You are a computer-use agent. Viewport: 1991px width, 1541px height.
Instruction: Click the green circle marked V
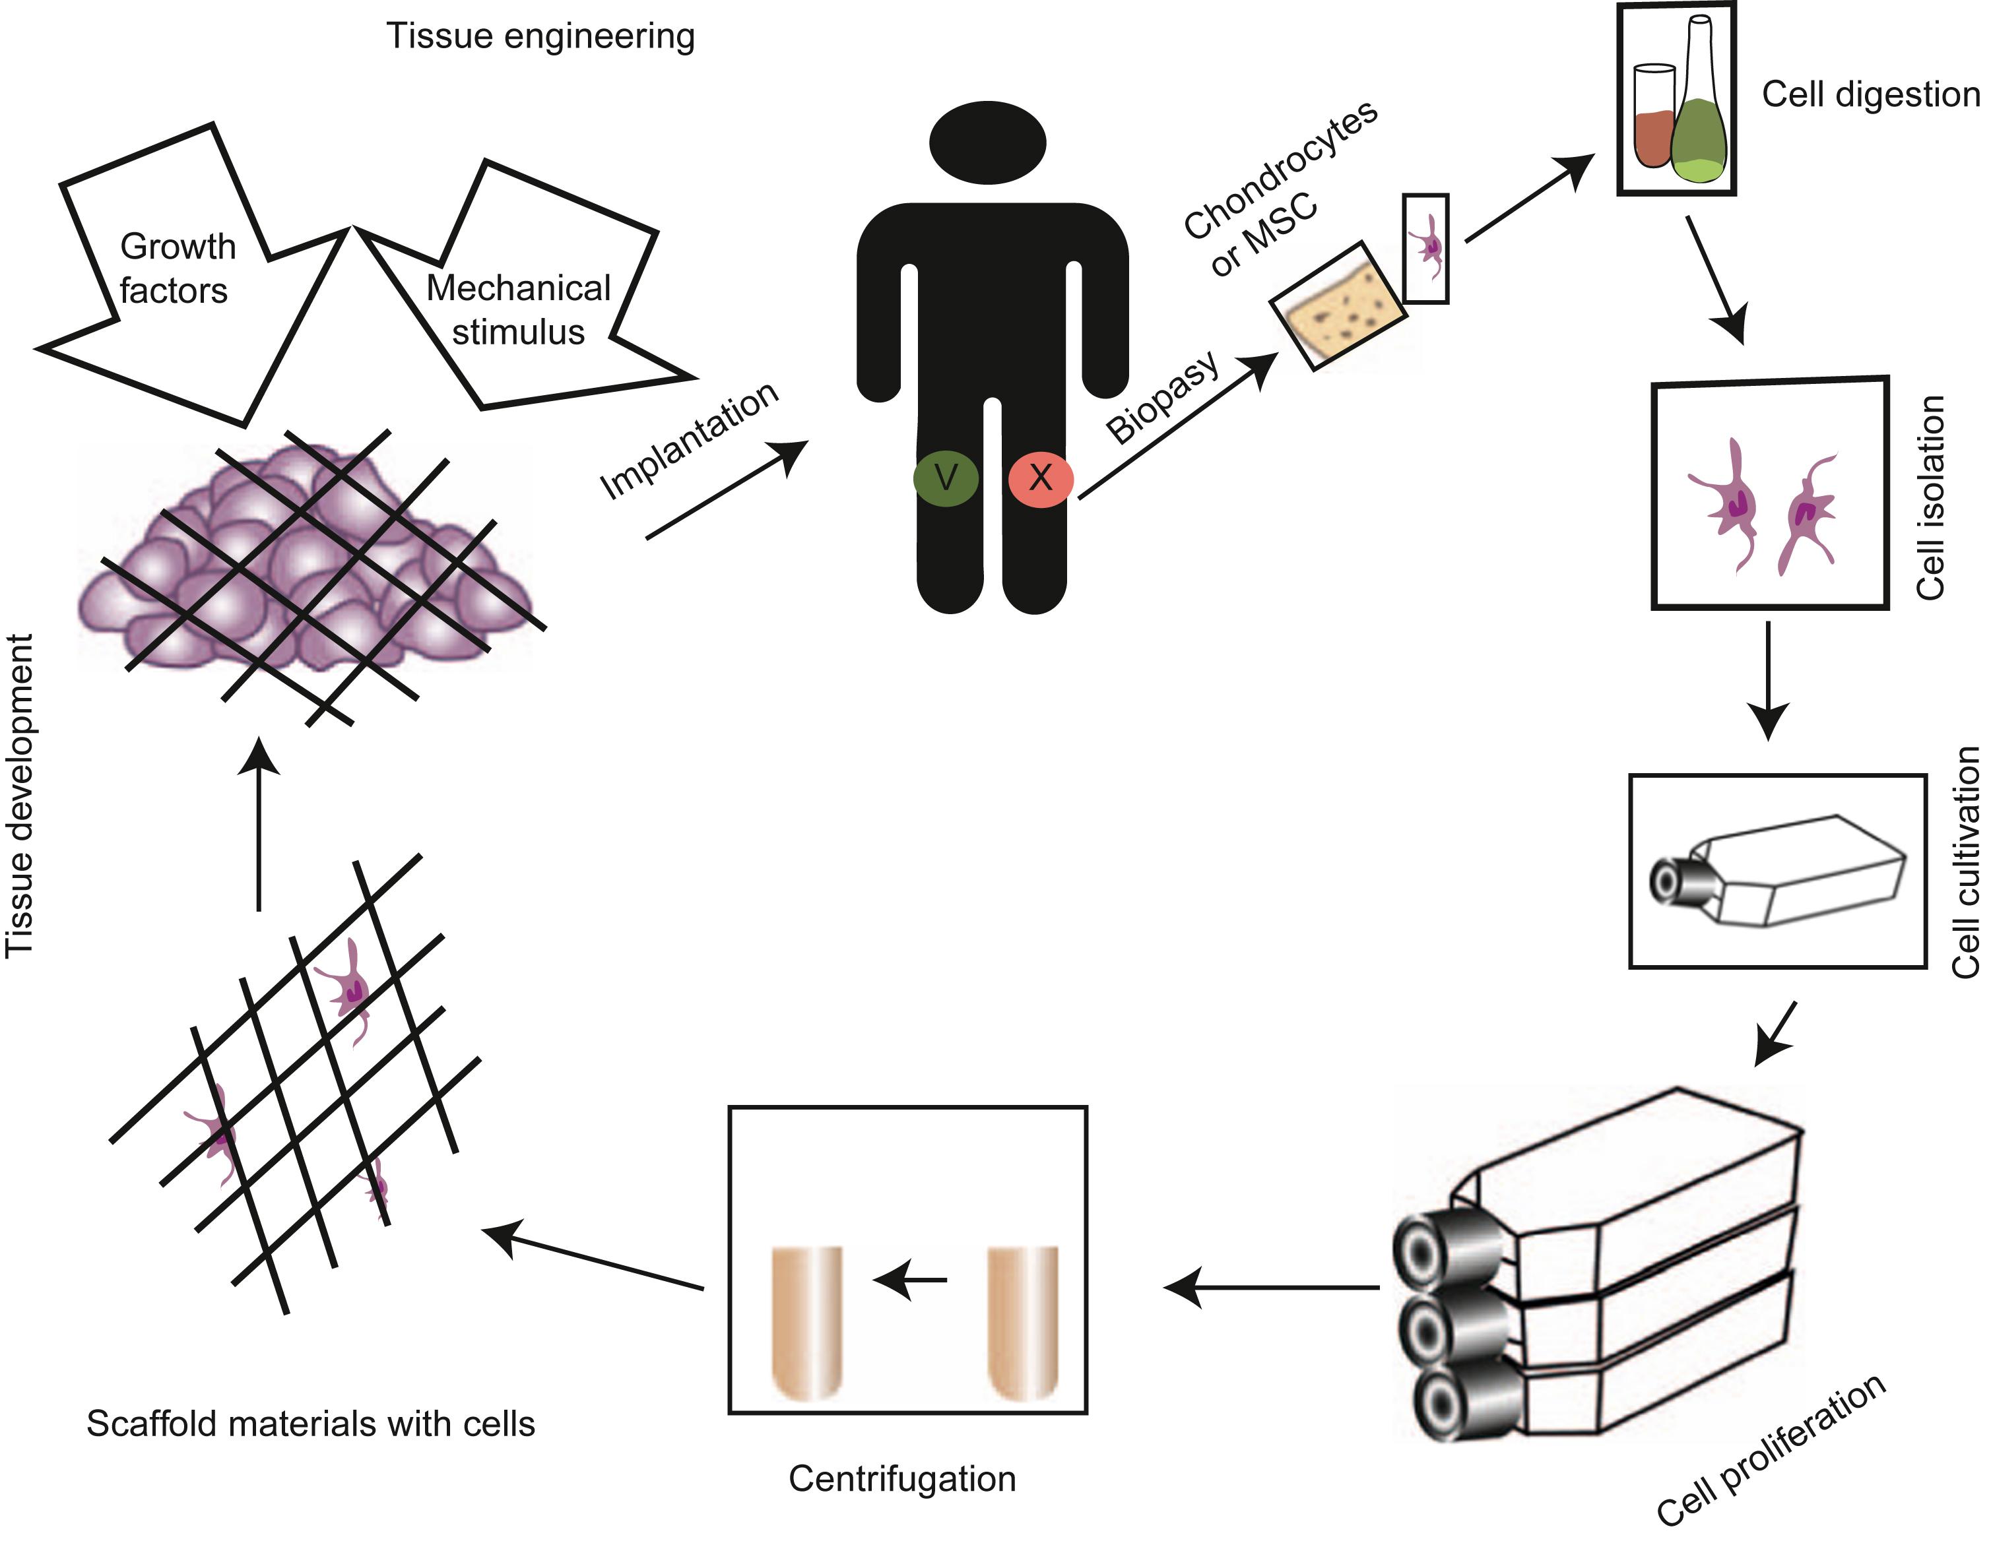[946, 478]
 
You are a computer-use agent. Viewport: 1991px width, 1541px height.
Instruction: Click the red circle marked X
[1040, 478]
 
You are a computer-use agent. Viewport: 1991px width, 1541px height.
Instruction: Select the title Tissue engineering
[540, 36]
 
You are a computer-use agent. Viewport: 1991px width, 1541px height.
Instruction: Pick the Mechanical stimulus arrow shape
[519, 310]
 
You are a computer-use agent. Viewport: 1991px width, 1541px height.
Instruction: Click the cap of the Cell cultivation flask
[1671, 880]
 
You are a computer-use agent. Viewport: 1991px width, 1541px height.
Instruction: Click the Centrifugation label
[901, 1478]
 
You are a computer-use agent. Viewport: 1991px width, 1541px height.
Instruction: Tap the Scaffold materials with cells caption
[311, 1424]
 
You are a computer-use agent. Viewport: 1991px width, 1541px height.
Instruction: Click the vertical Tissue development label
[20, 795]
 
